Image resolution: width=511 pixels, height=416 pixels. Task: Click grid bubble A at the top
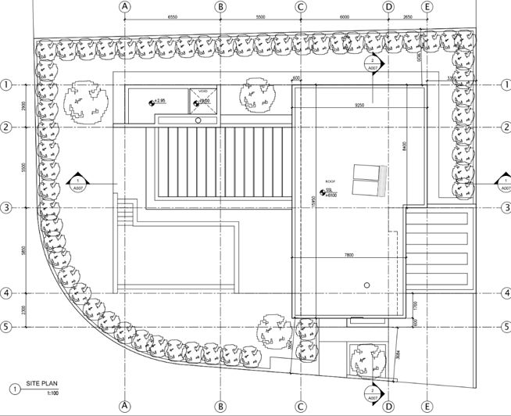[x=123, y=6]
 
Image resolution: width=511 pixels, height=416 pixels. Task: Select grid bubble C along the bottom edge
[x=300, y=407]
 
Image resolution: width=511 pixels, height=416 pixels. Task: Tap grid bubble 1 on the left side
[x=6, y=84]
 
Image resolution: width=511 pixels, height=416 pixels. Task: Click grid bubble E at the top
[x=426, y=6]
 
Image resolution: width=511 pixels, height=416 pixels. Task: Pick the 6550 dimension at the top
[x=173, y=16]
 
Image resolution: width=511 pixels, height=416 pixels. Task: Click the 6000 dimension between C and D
[x=345, y=16]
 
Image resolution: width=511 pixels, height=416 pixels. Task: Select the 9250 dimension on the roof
[x=359, y=104]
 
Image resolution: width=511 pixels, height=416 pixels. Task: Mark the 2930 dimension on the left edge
[x=25, y=106]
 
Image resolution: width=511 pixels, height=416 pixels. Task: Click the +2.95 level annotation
[x=159, y=102]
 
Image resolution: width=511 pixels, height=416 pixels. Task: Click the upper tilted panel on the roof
[x=364, y=171]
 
